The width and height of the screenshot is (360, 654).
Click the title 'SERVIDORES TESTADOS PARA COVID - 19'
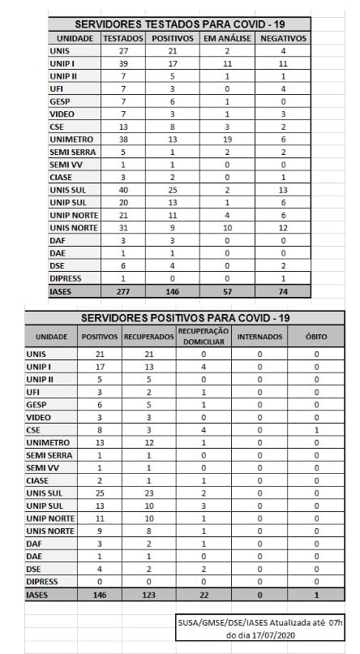pos(180,24)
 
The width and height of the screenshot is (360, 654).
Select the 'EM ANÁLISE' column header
pos(227,38)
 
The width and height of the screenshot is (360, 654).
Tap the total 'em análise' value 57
pos(227,290)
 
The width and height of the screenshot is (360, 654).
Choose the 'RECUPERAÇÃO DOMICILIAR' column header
pos(204,335)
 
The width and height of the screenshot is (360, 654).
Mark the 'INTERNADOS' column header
pos(259,336)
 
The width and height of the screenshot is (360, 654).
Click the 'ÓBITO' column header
pos(316,336)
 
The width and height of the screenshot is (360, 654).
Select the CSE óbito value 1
pos(316,431)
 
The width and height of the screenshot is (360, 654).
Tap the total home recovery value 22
pos(204,596)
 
